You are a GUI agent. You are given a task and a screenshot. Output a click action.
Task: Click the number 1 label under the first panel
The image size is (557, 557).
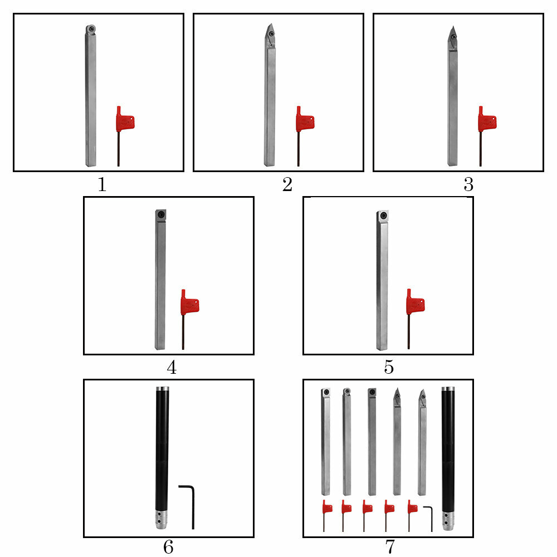(x=102, y=184)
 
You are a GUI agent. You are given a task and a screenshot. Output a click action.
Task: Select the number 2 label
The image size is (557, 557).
(x=287, y=184)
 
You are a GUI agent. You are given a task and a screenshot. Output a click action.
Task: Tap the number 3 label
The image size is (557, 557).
(x=468, y=184)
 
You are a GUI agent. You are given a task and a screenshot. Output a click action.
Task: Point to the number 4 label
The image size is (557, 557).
(x=172, y=368)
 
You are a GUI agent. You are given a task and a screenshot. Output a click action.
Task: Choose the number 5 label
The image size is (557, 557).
(x=388, y=368)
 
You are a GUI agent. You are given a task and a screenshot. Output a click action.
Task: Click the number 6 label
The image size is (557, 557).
(x=168, y=547)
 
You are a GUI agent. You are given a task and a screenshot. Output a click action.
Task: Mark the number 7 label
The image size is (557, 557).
(x=389, y=547)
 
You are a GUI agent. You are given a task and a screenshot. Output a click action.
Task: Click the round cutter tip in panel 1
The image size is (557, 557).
(x=90, y=28)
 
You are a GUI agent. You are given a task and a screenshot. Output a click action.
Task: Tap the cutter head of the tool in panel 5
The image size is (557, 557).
(x=382, y=215)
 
